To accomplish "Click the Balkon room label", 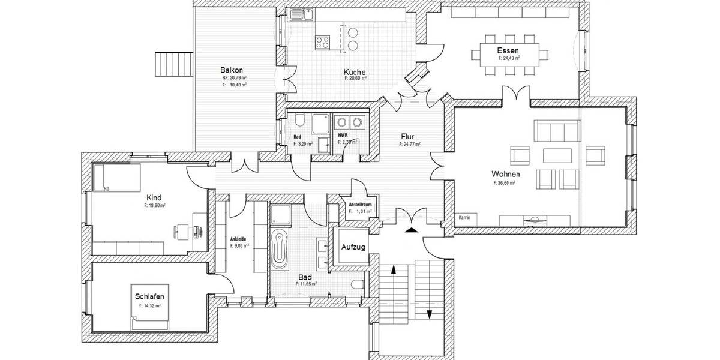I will click(x=230, y=70).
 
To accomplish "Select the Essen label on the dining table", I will click(x=508, y=51).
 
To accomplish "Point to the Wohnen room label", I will click(x=505, y=173).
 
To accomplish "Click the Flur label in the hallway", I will click(x=408, y=136).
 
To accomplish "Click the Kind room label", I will click(x=154, y=197).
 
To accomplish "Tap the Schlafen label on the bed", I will click(x=149, y=296).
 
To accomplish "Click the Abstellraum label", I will click(x=361, y=205).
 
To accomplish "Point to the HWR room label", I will click(x=343, y=136).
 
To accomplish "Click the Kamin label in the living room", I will click(x=463, y=217).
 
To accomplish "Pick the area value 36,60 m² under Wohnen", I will click(x=505, y=182).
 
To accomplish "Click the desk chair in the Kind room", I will click(x=179, y=229).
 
